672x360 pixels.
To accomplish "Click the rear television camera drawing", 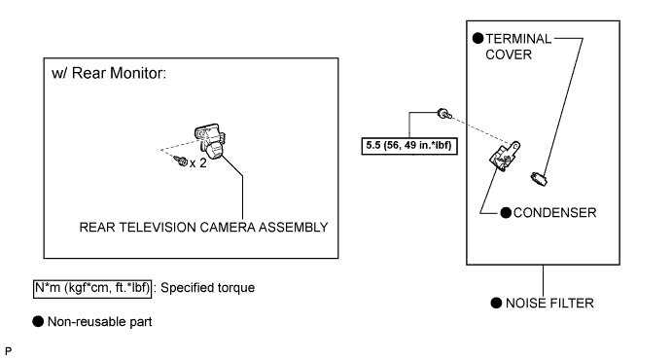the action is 210,140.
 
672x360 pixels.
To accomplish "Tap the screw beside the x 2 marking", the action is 181,162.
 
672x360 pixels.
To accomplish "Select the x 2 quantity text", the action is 198,163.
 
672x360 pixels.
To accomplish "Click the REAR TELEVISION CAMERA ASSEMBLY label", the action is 203,227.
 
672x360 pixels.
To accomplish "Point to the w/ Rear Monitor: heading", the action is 109,73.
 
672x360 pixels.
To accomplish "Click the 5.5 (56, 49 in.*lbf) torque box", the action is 409,146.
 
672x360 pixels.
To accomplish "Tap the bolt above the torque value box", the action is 444,114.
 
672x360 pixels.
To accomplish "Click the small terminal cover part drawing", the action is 539,178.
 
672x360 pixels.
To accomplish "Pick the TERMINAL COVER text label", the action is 518,47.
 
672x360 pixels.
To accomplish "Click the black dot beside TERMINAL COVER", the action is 477,39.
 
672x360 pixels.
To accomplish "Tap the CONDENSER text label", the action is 554,213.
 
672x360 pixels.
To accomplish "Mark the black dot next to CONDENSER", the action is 506,212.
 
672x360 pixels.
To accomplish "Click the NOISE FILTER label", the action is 549,304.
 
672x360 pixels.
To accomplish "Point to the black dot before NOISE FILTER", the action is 496,303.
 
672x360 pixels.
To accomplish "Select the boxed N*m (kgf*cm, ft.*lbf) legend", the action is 92,288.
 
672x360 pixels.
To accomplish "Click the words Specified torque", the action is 207,288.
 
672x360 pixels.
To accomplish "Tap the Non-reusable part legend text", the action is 100,322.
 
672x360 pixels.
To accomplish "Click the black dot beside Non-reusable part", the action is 38,321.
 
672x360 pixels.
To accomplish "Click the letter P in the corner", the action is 8,351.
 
